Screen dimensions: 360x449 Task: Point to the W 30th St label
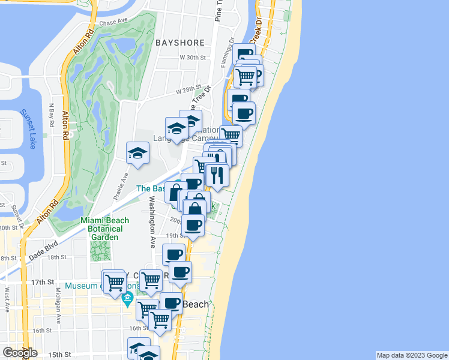click(x=193, y=58)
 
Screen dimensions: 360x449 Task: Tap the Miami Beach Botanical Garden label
click(x=101, y=229)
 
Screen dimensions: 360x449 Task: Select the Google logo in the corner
click(x=20, y=353)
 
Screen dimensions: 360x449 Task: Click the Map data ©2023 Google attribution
click(x=411, y=355)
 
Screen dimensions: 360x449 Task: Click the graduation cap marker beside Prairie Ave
click(x=137, y=153)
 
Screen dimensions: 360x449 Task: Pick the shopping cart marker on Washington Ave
click(x=151, y=278)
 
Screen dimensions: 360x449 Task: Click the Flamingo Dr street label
click(x=229, y=52)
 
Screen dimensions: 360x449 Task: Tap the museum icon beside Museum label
click(x=127, y=298)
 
